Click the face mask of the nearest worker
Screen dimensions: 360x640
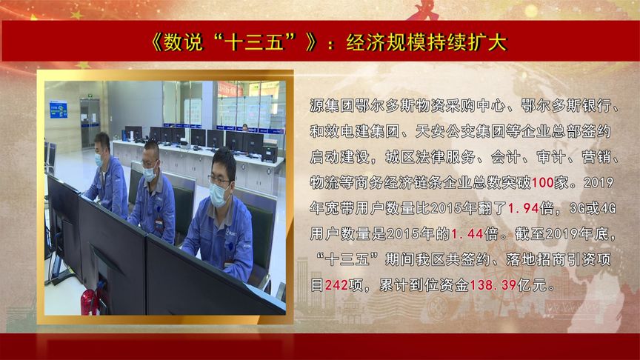tap(219, 195)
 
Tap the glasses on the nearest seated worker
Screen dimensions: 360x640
tap(219, 179)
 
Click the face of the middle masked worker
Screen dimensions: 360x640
tap(150, 167)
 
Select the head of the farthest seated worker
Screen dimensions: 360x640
tap(102, 146)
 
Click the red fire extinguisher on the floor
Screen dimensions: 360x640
tap(87, 301)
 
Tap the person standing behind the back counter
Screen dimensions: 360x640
tap(245, 128)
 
